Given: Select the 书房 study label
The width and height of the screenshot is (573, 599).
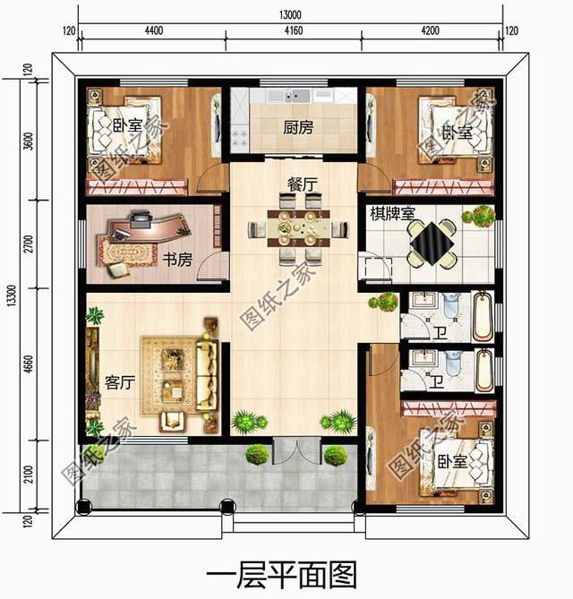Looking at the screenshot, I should (x=177, y=260).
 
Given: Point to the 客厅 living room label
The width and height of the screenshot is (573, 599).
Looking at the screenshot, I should (x=120, y=382).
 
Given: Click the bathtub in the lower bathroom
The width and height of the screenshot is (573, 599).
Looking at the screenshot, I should (x=482, y=368).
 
